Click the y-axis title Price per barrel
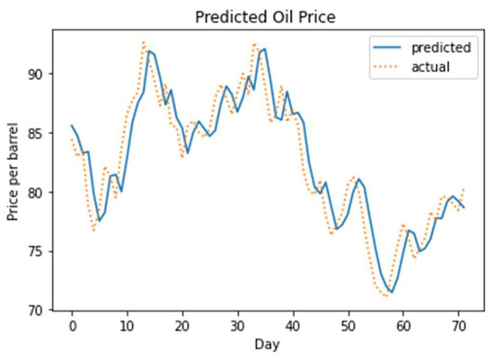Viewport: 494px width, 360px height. pos(13,171)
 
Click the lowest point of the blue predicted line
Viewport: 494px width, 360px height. pos(392,292)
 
